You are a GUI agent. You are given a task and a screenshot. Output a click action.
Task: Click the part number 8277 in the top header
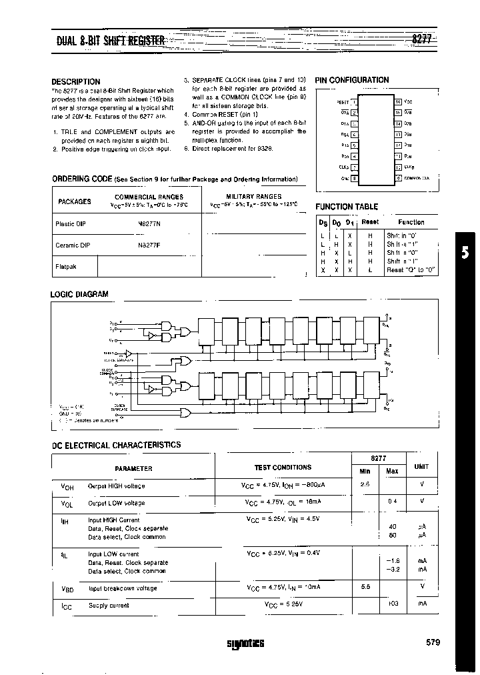coord(421,39)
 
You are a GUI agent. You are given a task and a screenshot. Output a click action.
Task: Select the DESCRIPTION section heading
coord(75,81)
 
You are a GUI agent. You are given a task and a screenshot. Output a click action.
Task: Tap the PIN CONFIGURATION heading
coord(351,80)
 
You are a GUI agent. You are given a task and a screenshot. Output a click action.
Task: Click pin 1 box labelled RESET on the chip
coord(354,102)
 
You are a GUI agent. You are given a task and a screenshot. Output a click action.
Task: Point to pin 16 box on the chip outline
coord(398,102)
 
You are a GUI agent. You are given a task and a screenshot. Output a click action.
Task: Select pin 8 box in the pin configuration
coord(354,178)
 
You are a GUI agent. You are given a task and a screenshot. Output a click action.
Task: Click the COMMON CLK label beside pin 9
coord(417,178)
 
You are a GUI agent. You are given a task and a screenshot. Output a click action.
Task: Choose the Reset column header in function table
coord(370,222)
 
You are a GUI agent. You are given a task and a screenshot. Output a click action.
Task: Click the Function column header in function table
coord(411,222)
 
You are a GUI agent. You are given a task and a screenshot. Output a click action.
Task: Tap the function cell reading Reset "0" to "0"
coord(411,270)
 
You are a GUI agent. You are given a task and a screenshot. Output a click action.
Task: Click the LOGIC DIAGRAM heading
coord(79,294)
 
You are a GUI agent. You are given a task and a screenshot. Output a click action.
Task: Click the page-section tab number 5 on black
coord(465,252)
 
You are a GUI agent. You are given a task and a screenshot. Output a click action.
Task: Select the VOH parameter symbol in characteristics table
coord(58,486)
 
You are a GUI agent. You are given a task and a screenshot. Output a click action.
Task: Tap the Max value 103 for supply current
coord(392,605)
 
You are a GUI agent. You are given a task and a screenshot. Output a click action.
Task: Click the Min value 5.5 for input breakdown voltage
coord(365,587)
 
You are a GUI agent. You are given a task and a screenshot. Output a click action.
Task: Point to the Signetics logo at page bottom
coord(245,644)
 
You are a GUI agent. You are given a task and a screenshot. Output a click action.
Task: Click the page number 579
coord(432,642)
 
